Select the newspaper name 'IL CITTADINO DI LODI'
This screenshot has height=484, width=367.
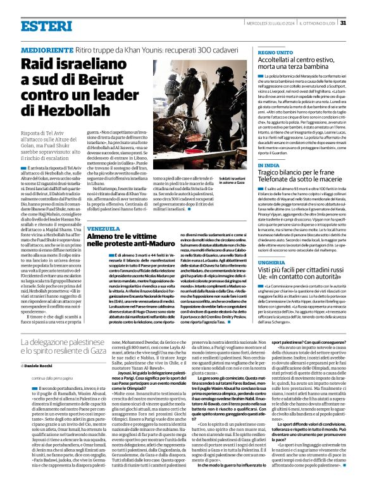(313, 23)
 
